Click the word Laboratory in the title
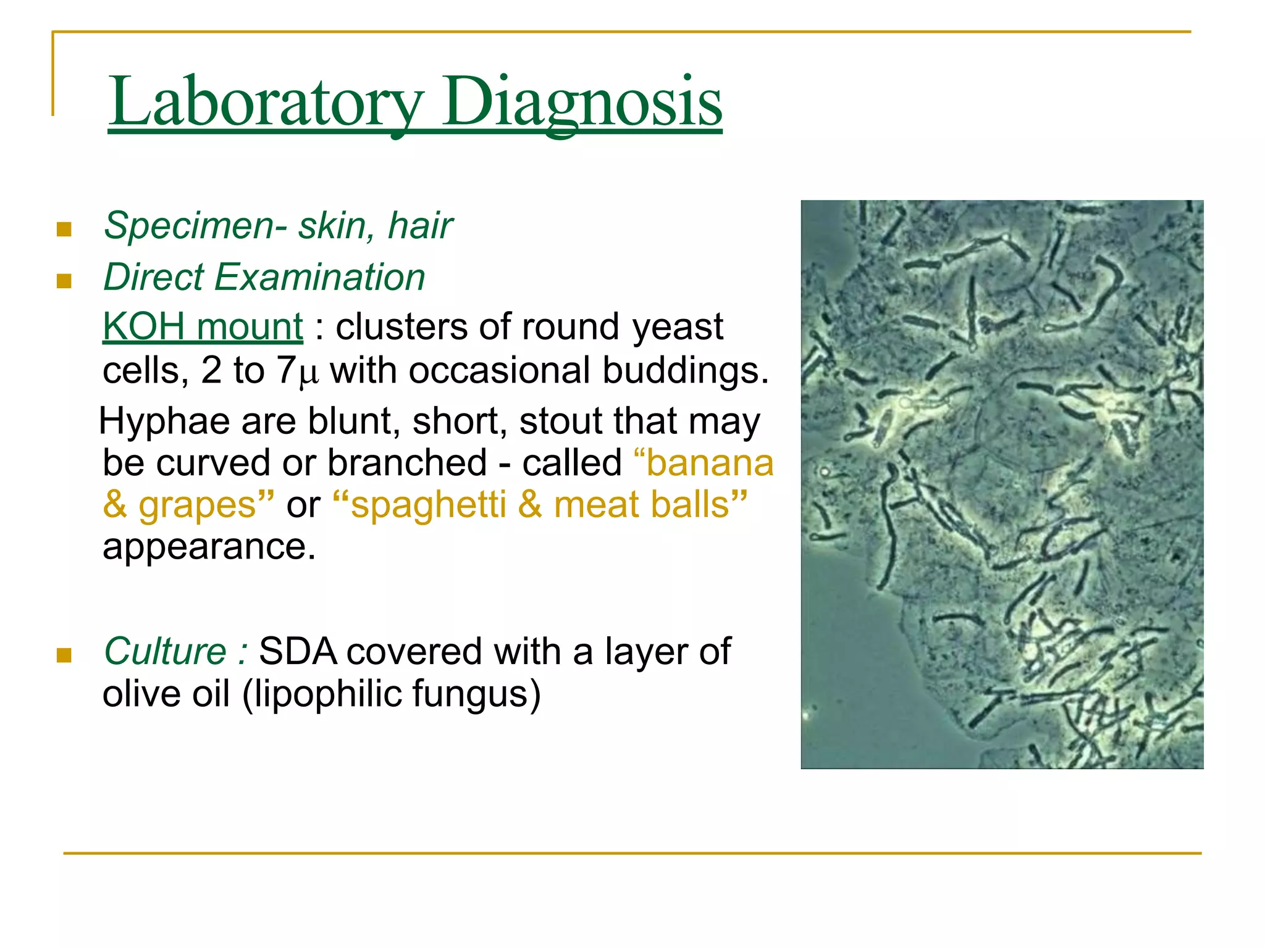pyautogui.click(x=266, y=102)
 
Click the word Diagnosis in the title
pyautogui.click(x=581, y=102)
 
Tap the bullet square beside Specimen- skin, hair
pyautogui.click(x=64, y=230)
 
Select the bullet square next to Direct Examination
pyautogui.click(x=64, y=281)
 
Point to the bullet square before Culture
pyautogui.click(x=64, y=655)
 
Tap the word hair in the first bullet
pyautogui.click(x=420, y=226)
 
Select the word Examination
pyautogui.click(x=319, y=277)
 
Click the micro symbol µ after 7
pyautogui.click(x=308, y=373)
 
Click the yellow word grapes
pyautogui.click(x=196, y=505)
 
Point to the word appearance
pyautogui.click(x=208, y=546)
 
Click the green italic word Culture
pyautogui.click(x=165, y=652)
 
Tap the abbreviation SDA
pyautogui.click(x=298, y=652)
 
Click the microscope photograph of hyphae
pyautogui.click(x=1002, y=484)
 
